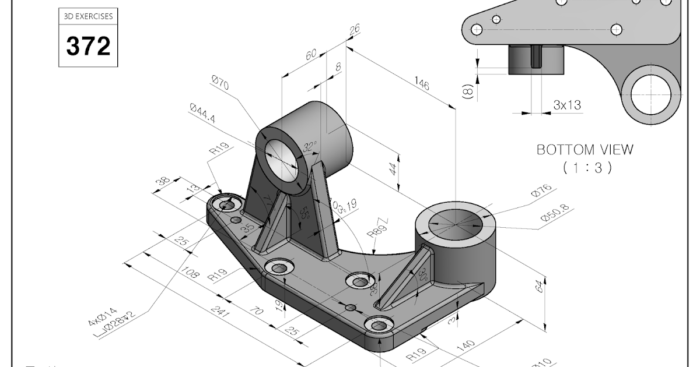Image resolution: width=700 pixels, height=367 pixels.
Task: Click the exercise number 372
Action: pyautogui.click(x=88, y=46)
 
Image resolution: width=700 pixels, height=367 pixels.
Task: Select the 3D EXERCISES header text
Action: pyautogui.click(x=88, y=17)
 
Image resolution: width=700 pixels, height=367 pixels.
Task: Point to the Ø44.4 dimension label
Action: pyautogui.click(x=202, y=114)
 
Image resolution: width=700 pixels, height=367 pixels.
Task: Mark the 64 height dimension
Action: pyautogui.click(x=541, y=287)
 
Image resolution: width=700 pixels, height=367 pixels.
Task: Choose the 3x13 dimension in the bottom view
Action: pyautogui.click(x=567, y=105)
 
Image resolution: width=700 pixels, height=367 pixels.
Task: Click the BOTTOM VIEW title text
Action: pyautogui.click(x=584, y=150)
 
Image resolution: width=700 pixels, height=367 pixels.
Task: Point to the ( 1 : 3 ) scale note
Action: pyautogui.click(x=586, y=168)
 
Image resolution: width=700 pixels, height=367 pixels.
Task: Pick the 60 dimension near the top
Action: pyautogui.click(x=311, y=55)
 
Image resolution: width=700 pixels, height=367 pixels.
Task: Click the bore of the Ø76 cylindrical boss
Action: pyautogui.click(x=456, y=224)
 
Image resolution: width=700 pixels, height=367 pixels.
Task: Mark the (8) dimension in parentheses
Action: pyautogui.click(x=467, y=91)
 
